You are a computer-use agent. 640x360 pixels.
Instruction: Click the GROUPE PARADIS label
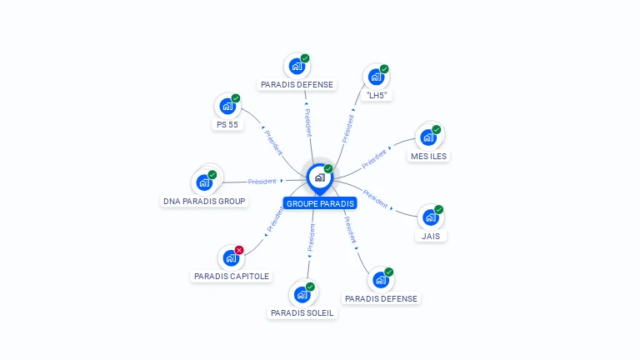(320, 203)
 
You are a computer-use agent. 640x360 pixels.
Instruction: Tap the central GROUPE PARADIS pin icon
(319, 177)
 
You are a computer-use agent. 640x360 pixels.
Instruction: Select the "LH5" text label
(377, 96)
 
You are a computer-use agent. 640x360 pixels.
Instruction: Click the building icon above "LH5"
(376, 77)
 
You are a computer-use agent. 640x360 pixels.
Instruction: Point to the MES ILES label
(429, 156)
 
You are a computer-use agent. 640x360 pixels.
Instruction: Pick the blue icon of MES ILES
(428, 137)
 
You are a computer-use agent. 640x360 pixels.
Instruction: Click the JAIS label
(431, 236)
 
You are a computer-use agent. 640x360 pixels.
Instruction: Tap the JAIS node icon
(430, 217)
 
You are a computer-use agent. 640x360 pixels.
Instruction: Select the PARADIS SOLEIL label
(302, 313)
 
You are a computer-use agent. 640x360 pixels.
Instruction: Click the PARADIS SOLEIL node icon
(302, 294)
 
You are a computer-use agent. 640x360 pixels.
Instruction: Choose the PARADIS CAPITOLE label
(232, 276)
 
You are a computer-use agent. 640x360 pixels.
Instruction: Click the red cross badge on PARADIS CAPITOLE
(239, 250)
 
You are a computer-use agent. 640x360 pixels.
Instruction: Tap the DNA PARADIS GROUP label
(204, 201)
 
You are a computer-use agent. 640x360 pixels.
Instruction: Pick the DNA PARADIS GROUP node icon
(204, 182)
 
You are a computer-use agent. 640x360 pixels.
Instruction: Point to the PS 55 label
(227, 125)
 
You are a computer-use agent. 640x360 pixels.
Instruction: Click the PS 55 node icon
(227, 107)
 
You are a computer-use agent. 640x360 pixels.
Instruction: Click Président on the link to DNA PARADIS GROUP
(262, 181)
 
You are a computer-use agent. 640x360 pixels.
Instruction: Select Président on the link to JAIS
(375, 199)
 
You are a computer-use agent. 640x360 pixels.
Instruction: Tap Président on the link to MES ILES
(375, 157)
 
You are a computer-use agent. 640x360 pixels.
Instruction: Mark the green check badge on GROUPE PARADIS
(328, 169)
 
